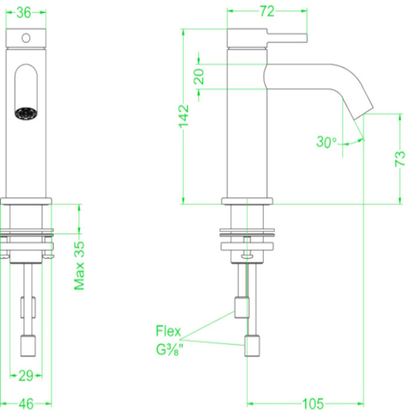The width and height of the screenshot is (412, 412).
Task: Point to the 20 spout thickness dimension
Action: pos(199,76)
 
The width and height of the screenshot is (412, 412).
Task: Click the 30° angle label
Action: pos(326,142)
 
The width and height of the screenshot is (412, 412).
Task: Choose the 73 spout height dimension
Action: pos(400,158)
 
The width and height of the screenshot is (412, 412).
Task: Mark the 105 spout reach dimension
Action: pos(313,404)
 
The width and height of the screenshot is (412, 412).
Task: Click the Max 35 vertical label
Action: pos(80,266)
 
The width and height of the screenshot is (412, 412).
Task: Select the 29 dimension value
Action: pos(26,376)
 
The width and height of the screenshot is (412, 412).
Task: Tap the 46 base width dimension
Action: pos(26,404)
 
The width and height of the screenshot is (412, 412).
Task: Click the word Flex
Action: pos(168,331)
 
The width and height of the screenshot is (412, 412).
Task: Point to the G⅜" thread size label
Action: pos(170,350)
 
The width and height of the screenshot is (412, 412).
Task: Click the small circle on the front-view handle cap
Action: pos(26,37)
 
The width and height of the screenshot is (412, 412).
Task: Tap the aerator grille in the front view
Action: pos(26,113)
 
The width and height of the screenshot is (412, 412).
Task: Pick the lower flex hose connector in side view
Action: pos(253,346)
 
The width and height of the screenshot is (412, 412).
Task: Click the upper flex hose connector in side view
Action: pos(241,307)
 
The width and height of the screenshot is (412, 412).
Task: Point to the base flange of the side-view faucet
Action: pos(247,201)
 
